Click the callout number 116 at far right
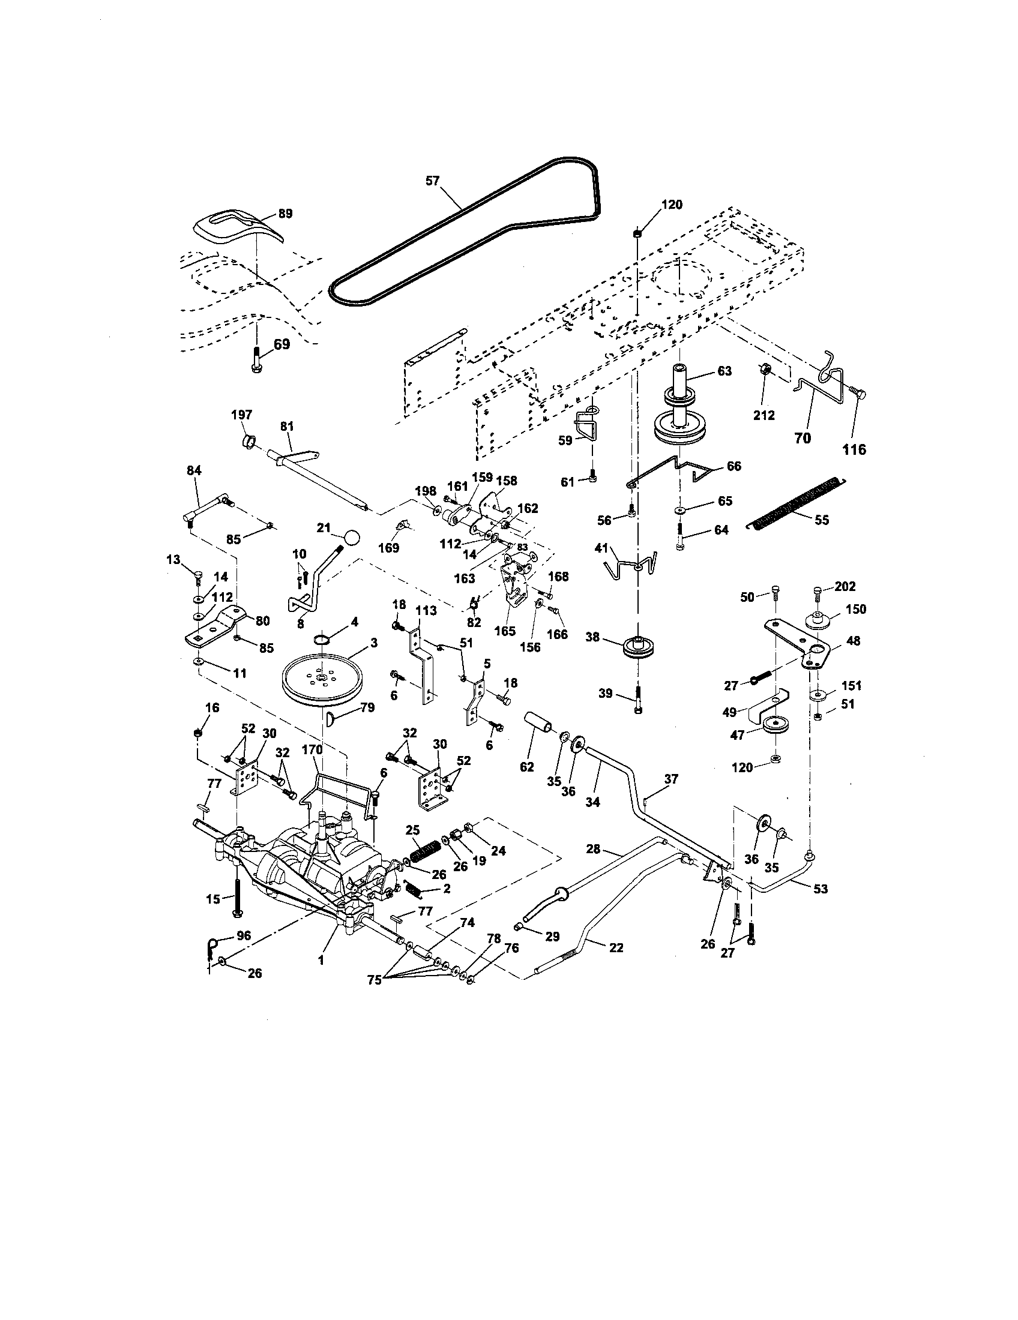point(855,449)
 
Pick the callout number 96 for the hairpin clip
point(243,935)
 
